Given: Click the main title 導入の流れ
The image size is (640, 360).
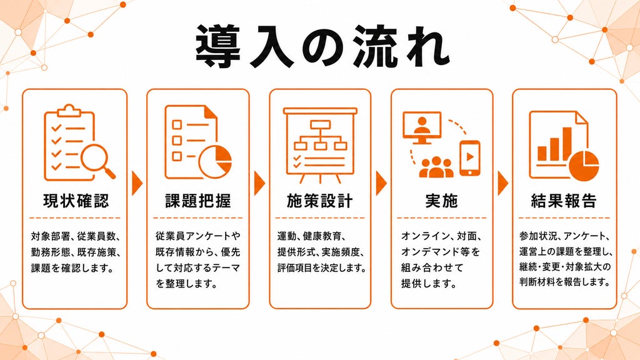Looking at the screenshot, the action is pyautogui.click(x=322, y=46).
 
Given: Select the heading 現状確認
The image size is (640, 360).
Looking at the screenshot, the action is pyautogui.click(x=76, y=201).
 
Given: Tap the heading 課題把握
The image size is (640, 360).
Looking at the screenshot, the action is pyautogui.click(x=198, y=201).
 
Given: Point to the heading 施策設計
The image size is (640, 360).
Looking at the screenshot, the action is pyautogui.click(x=320, y=201).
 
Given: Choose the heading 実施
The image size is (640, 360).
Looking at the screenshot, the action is pyautogui.click(x=442, y=201).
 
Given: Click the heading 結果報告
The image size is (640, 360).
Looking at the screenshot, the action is pyautogui.click(x=564, y=201).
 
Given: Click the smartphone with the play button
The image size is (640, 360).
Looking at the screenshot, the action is pyautogui.click(x=470, y=158).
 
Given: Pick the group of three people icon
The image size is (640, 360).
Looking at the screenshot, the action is pyautogui.click(x=436, y=167).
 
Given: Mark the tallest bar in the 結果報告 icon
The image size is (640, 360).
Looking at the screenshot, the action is pyautogui.click(x=567, y=144).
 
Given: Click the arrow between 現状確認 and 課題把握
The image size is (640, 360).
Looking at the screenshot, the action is pyautogui.click(x=137, y=183).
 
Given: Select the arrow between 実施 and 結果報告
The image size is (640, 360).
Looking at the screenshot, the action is pyautogui.click(x=503, y=183).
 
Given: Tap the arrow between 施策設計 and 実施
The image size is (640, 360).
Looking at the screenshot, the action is pyautogui.click(x=381, y=183).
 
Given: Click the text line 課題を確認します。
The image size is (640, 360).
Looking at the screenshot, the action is pyautogui.click(x=72, y=268).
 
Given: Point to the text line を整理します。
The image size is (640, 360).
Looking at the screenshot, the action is pyautogui.click(x=186, y=283).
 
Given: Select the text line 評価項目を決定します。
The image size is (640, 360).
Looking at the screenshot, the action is pyautogui.click(x=322, y=267).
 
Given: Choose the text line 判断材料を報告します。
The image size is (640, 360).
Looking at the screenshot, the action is pyautogui.click(x=565, y=282).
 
